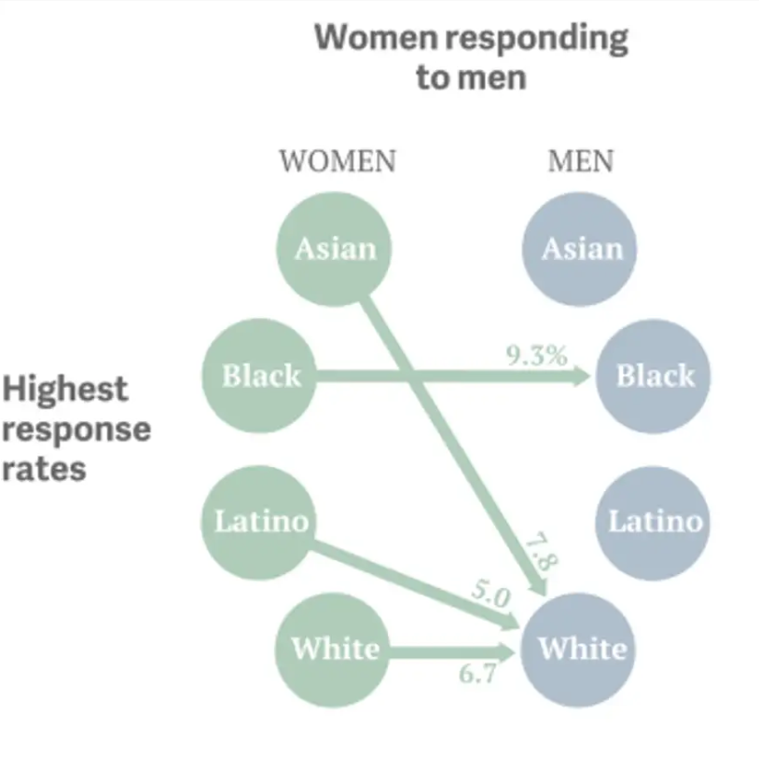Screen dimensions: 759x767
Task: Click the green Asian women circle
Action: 334,249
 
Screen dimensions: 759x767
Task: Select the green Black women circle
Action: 259,376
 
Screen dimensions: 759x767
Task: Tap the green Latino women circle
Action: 259,523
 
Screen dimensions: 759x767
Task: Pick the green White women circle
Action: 333,650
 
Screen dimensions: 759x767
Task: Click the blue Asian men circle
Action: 580,249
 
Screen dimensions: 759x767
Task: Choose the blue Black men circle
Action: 654,376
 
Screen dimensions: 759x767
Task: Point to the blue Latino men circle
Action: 654,523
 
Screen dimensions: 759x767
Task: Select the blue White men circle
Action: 578,650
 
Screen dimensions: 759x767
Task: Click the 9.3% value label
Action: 537,356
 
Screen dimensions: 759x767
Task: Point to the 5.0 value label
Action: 490,593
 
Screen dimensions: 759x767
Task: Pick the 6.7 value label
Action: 477,673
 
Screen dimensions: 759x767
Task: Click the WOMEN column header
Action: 338,161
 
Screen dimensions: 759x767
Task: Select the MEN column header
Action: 581,161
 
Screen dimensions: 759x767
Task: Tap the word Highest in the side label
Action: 65,389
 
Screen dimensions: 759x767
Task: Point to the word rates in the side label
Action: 44,469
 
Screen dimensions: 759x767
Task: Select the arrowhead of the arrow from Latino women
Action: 509,623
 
